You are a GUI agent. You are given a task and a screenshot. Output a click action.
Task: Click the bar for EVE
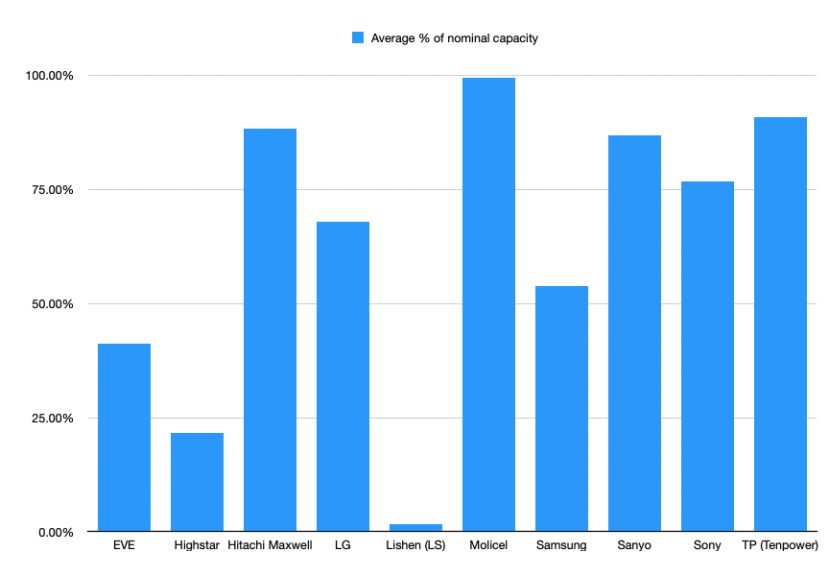click(124, 438)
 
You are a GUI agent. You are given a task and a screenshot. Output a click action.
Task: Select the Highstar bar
click(197, 482)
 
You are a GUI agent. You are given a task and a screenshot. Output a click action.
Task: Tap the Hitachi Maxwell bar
click(270, 330)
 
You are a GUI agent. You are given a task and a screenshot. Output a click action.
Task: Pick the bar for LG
click(343, 376)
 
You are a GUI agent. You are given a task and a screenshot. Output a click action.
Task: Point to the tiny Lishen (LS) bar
click(415, 527)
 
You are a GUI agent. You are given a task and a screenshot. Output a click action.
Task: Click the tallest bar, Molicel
click(488, 304)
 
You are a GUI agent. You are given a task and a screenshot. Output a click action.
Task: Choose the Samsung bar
click(561, 409)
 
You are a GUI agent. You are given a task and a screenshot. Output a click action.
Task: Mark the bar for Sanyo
click(634, 333)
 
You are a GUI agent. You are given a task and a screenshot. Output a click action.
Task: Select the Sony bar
click(707, 356)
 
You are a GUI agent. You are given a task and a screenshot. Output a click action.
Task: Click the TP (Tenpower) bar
click(780, 324)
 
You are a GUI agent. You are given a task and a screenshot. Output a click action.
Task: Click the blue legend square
click(358, 38)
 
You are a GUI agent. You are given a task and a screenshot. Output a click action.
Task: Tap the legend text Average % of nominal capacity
click(455, 38)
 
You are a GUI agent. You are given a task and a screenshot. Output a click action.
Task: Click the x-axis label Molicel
click(488, 546)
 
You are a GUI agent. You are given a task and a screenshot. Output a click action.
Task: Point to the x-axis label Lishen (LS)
click(415, 546)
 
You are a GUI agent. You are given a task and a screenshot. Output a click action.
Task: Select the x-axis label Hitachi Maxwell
click(270, 546)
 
